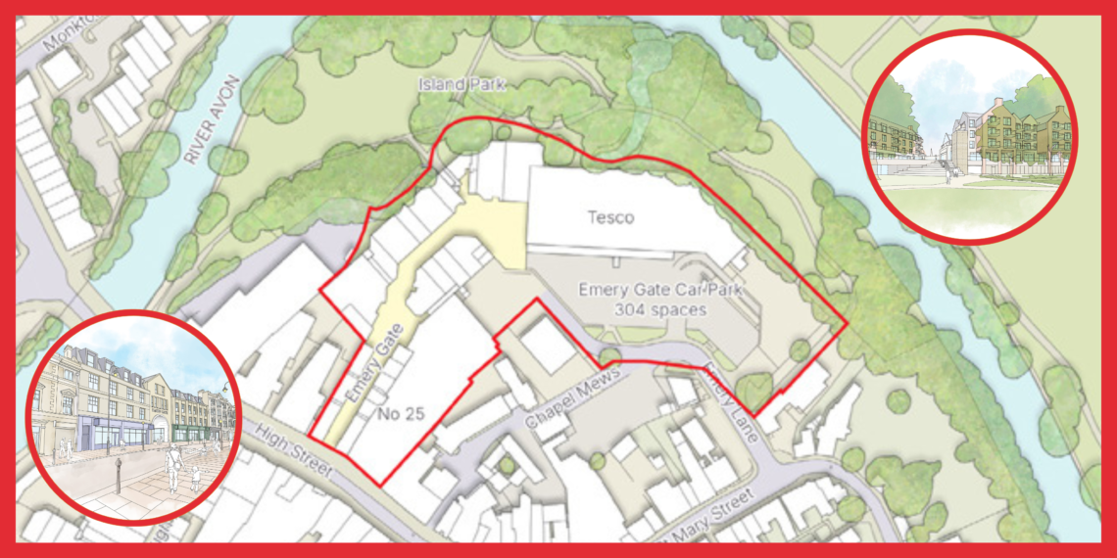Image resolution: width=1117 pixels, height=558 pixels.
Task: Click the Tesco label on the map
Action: tap(609, 217)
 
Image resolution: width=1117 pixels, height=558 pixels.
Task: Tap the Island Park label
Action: tap(461, 85)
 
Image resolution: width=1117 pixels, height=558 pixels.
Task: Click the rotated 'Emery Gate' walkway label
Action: tap(365, 371)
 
